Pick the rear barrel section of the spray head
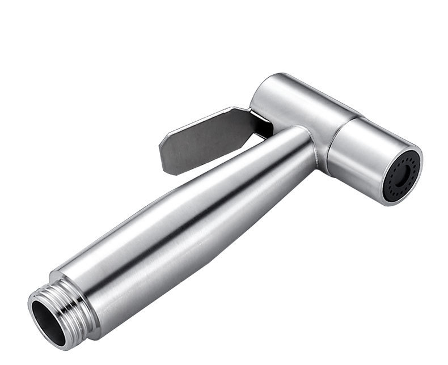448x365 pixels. [295, 105]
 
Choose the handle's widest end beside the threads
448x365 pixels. [91, 278]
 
